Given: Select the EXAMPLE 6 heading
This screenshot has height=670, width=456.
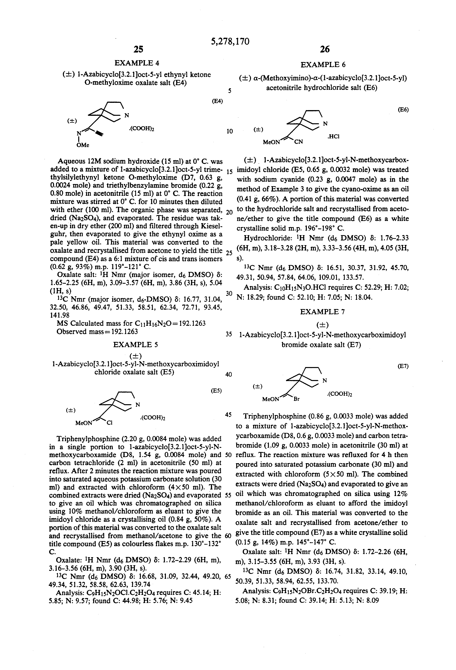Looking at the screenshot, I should pos(323,64).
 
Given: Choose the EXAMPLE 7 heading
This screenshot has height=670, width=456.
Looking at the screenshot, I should pos(322,312).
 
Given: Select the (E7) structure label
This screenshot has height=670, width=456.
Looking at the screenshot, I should pos(403,366).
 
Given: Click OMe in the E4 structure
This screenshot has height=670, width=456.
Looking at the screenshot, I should pos(83,145).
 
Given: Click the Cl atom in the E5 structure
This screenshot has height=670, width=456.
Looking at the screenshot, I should pos(109,423).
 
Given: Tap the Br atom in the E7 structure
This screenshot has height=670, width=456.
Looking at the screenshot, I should pos(296,399).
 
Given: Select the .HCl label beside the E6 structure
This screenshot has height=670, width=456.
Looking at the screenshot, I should pos(333,137).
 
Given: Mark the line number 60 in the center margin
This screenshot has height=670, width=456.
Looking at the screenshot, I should pos(228,536).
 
